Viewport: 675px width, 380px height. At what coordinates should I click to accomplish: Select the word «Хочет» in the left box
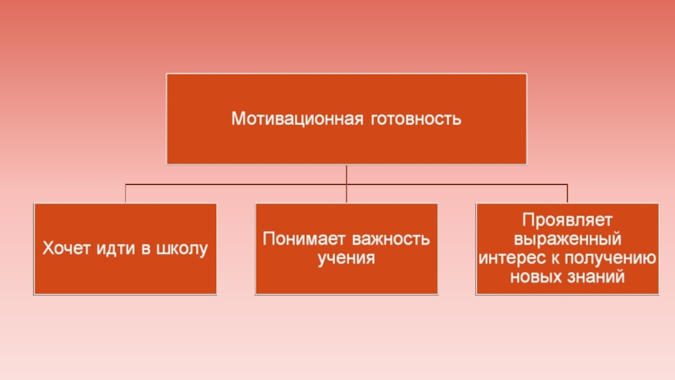65,249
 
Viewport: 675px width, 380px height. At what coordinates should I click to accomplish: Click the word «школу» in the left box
180,249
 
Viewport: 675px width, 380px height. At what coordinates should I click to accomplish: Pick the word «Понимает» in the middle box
303,239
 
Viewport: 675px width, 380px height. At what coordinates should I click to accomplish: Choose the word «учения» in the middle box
346,257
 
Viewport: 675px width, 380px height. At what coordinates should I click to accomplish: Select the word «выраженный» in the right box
566,239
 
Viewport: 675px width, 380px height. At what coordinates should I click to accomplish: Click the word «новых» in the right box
535,276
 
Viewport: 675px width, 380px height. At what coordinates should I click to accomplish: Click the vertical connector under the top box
347,174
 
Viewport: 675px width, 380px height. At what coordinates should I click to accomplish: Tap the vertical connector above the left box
126,194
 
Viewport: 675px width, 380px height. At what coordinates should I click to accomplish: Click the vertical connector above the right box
567,194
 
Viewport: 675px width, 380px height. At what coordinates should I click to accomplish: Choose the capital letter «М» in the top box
240,118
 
